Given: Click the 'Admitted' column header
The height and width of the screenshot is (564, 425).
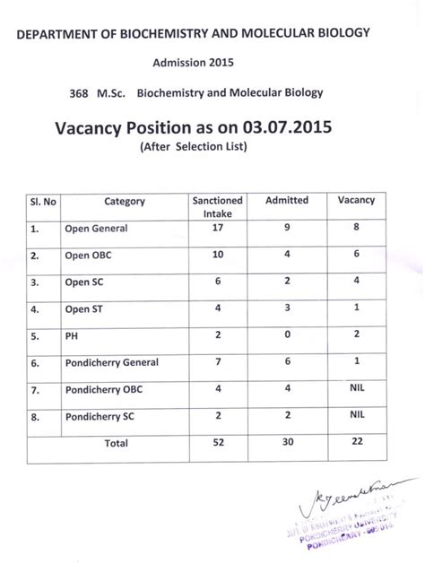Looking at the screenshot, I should pyautogui.click(x=287, y=201).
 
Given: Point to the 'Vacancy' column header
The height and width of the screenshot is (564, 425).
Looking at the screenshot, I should pyautogui.click(x=356, y=201).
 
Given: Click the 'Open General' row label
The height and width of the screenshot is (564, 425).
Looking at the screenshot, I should pyautogui.click(x=96, y=229).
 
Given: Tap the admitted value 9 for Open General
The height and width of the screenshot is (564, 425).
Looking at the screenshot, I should pyautogui.click(x=287, y=228).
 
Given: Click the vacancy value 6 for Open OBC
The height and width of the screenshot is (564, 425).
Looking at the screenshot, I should pyautogui.click(x=356, y=256).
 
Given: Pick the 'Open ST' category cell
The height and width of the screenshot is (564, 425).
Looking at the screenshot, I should pyautogui.click(x=84, y=309).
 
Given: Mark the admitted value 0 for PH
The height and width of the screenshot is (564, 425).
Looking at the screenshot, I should pyautogui.click(x=287, y=335).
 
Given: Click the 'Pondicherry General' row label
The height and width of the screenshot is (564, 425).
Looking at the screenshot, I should pyautogui.click(x=111, y=362).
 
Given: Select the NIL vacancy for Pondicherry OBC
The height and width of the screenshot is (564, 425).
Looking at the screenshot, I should pyautogui.click(x=356, y=389).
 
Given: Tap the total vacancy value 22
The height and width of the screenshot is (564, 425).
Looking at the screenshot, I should pyautogui.click(x=356, y=443).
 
